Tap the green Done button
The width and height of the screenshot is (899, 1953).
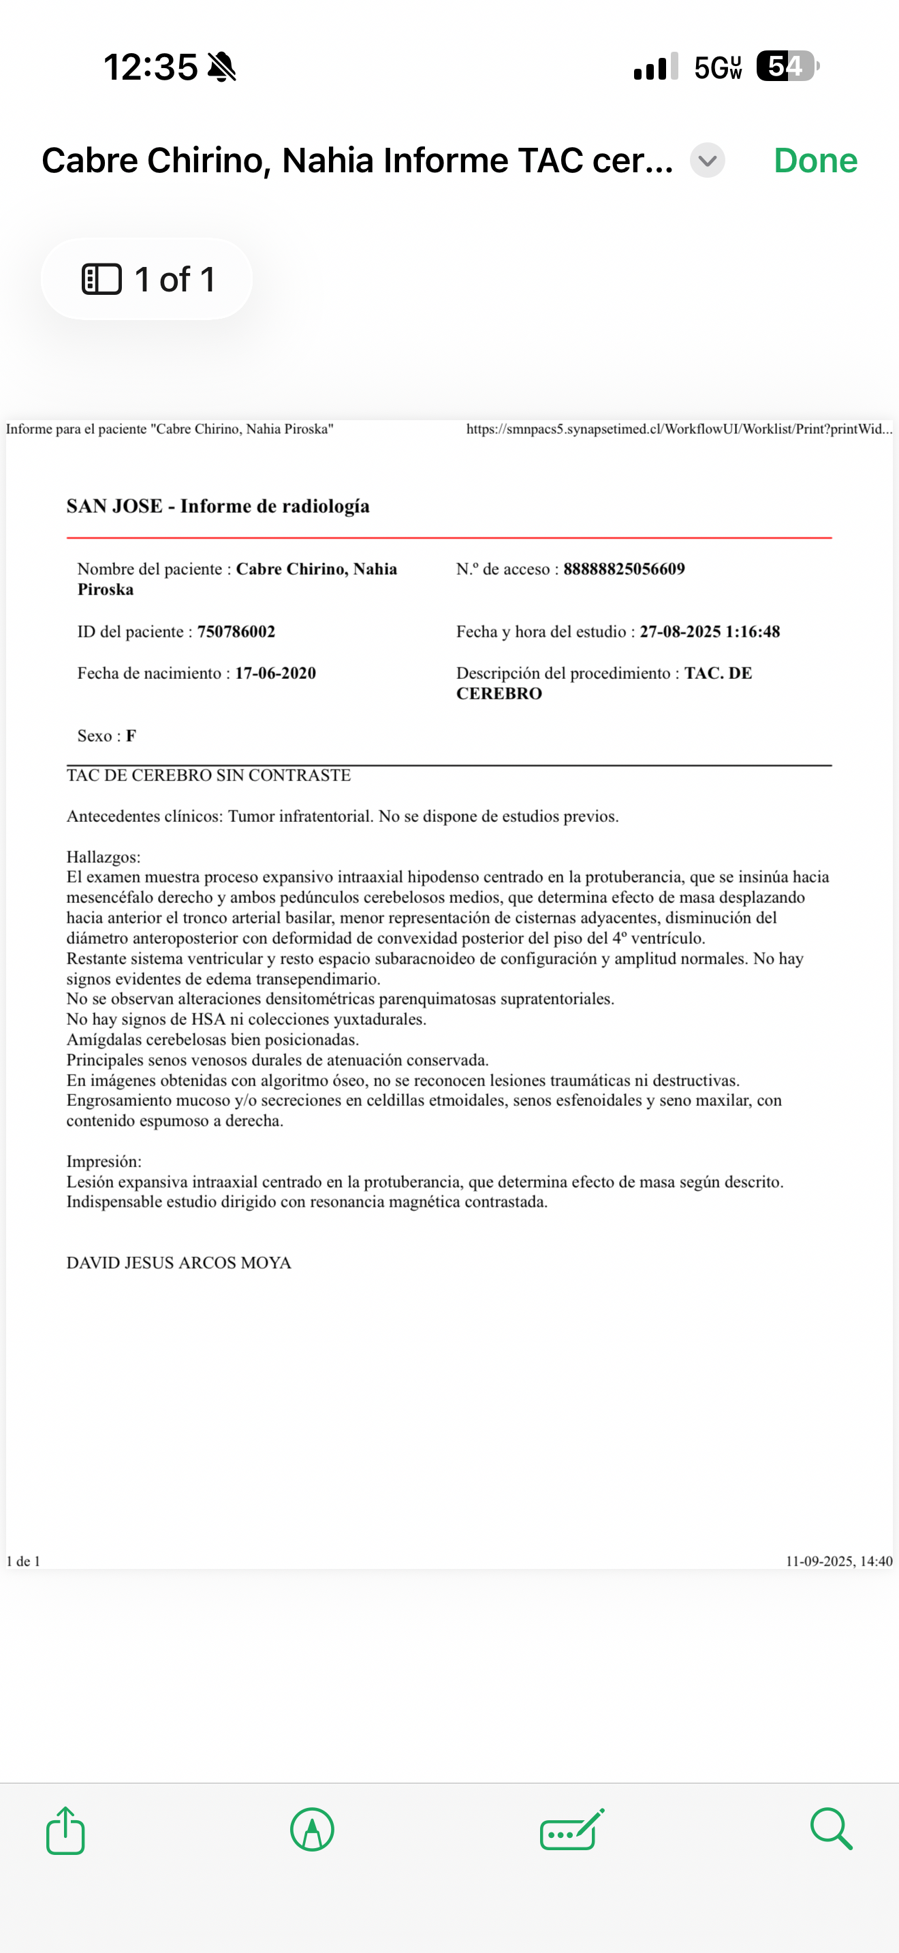coord(815,161)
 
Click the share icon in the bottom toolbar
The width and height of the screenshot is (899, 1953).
coord(65,1830)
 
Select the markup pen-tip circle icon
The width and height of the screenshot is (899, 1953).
coord(311,1830)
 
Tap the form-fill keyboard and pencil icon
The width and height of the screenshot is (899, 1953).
coord(572,1830)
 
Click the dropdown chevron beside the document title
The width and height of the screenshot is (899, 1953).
coord(707,161)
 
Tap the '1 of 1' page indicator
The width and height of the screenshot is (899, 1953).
coord(147,279)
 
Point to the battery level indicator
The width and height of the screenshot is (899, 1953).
coord(787,67)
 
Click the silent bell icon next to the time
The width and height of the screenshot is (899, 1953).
coord(222,67)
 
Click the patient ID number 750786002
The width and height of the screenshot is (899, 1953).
coord(236,631)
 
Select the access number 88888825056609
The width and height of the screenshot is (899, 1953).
coord(623,569)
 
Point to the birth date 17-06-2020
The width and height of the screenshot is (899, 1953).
coord(275,673)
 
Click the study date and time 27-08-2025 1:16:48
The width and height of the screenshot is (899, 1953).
coord(709,631)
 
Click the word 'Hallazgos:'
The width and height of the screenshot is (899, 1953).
coord(103,857)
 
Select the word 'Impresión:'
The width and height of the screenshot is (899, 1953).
coord(104,1162)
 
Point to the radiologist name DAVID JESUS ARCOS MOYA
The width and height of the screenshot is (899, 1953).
coord(179,1263)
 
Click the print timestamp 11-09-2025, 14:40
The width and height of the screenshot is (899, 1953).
coord(838,1561)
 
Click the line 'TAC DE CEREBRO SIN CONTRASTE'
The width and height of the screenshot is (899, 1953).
coord(208,775)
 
